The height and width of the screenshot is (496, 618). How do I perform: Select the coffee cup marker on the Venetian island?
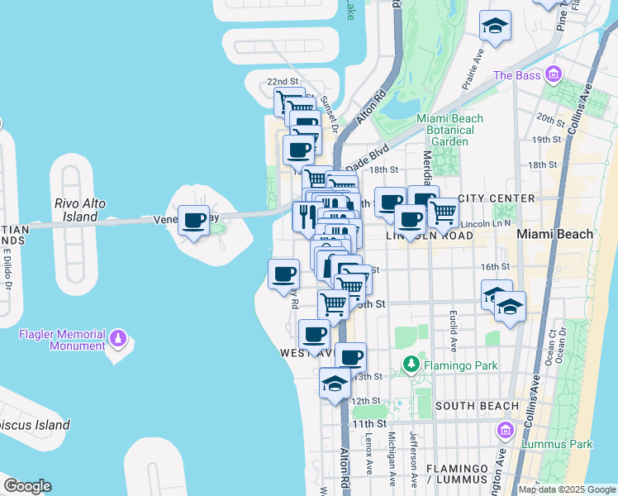[193, 222]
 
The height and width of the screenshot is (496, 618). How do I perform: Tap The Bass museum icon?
[553, 75]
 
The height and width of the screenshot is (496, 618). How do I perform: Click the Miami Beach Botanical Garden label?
[449, 130]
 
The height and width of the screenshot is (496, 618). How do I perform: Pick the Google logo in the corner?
[27, 486]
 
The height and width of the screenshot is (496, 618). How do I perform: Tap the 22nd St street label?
[282, 82]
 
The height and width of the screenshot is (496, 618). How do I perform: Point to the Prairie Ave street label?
[478, 68]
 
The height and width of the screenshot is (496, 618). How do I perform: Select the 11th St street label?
[369, 423]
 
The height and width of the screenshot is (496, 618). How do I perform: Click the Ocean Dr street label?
[562, 340]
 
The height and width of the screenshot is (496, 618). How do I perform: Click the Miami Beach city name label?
[554, 234]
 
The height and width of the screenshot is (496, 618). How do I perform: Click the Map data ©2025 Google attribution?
[567, 489]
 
